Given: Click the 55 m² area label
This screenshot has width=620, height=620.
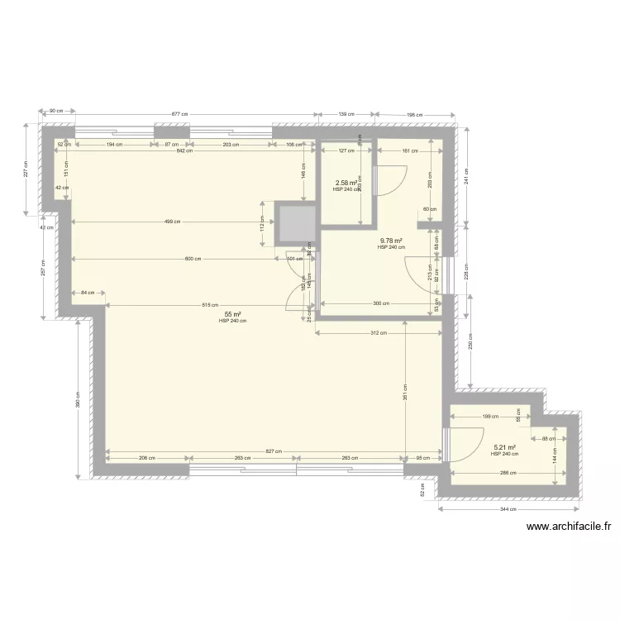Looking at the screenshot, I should [232, 314].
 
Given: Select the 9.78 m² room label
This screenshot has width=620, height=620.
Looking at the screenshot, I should [391, 241].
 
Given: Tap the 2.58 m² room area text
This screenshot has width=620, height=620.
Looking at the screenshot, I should [346, 184].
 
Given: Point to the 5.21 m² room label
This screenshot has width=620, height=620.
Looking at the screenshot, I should [504, 448].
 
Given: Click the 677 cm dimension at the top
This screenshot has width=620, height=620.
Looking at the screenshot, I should [180, 114].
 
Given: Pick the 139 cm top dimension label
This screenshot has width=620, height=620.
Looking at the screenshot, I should [346, 114].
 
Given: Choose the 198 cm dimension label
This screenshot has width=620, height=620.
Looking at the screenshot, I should [414, 114].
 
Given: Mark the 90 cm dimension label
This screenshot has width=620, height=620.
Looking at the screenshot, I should [57, 111].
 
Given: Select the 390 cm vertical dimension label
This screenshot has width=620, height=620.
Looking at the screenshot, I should [78, 399].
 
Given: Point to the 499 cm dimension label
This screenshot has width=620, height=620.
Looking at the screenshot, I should [172, 222].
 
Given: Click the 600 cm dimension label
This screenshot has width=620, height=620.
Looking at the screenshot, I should [193, 260].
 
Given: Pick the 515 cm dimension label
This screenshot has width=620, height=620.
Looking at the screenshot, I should [212, 305].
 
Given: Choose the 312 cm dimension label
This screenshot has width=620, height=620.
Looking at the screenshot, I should [379, 333].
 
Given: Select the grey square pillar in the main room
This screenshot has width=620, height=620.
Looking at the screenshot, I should [295, 224].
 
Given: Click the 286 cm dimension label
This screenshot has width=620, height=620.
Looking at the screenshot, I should [508, 473].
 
